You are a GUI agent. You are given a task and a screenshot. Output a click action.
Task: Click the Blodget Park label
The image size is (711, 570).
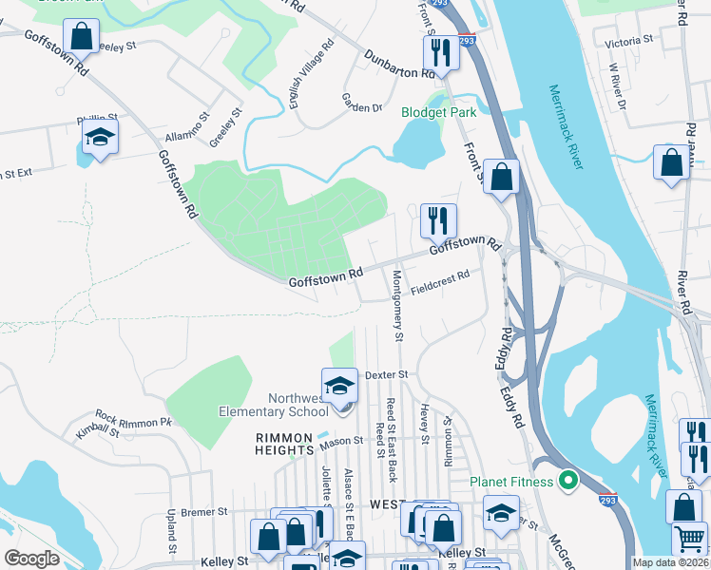437,112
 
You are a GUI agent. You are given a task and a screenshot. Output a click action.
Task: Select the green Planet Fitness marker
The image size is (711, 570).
568,482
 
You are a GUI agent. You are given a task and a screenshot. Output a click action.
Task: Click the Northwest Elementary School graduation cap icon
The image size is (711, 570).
339,386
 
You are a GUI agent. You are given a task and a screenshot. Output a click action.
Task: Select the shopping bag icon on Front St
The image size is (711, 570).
502,177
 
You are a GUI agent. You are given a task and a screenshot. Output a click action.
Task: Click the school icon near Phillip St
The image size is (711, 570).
99,138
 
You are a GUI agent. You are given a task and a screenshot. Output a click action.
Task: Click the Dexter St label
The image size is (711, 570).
386,374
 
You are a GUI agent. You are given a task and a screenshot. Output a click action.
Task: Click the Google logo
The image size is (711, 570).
31,558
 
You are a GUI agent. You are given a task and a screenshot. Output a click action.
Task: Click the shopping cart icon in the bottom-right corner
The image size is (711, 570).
688,539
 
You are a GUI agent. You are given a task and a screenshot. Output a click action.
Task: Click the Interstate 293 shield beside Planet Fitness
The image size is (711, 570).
605,497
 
